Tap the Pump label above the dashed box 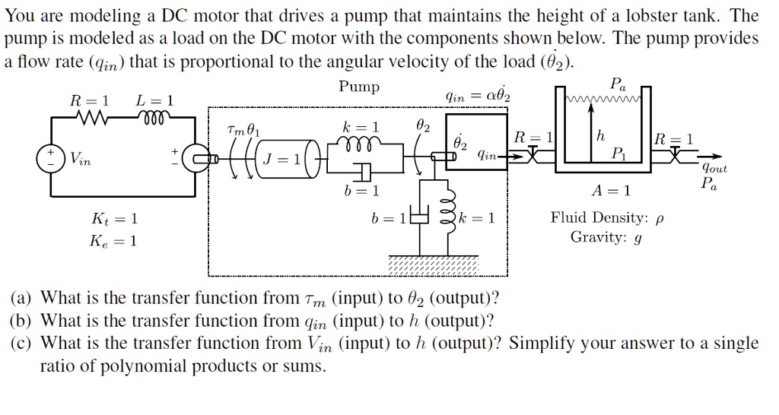click(359, 87)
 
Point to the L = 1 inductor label click(154, 100)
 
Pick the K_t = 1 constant click(113, 219)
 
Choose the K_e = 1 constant click(113, 241)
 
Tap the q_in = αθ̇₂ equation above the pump click(479, 96)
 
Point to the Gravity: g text click(606, 237)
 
